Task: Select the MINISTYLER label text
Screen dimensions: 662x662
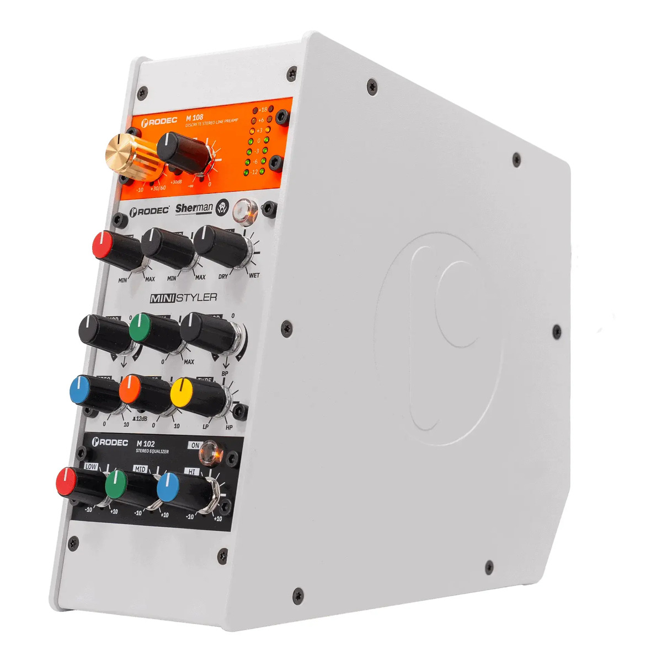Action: tap(184, 298)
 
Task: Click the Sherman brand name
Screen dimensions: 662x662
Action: tap(194, 209)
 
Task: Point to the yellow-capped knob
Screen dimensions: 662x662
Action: tap(193, 396)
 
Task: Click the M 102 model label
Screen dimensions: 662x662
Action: tap(146, 444)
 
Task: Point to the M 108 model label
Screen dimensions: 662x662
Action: tap(194, 118)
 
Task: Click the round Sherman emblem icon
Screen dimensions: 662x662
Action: tap(222, 206)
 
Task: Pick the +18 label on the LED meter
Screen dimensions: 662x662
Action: tap(263, 110)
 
